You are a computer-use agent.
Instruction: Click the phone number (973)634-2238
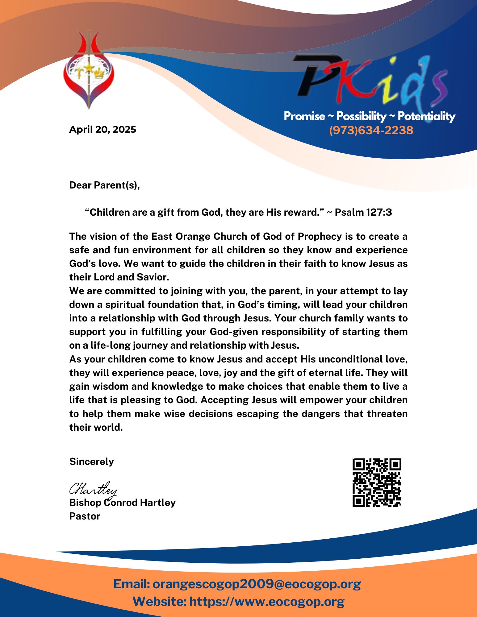click(x=371, y=130)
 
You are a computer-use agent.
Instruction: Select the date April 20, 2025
click(x=103, y=129)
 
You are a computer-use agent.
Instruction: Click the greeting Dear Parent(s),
click(x=104, y=185)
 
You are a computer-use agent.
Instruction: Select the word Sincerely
click(x=91, y=462)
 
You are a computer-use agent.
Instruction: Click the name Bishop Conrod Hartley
click(x=122, y=503)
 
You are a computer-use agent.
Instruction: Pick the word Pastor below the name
click(x=85, y=516)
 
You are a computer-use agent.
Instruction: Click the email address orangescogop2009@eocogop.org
click(x=257, y=584)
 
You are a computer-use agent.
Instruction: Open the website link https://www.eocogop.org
click(x=267, y=602)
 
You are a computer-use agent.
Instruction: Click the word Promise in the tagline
click(x=304, y=116)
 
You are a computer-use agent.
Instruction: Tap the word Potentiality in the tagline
click(x=426, y=116)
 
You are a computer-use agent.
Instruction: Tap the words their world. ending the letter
click(x=96, y=427)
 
